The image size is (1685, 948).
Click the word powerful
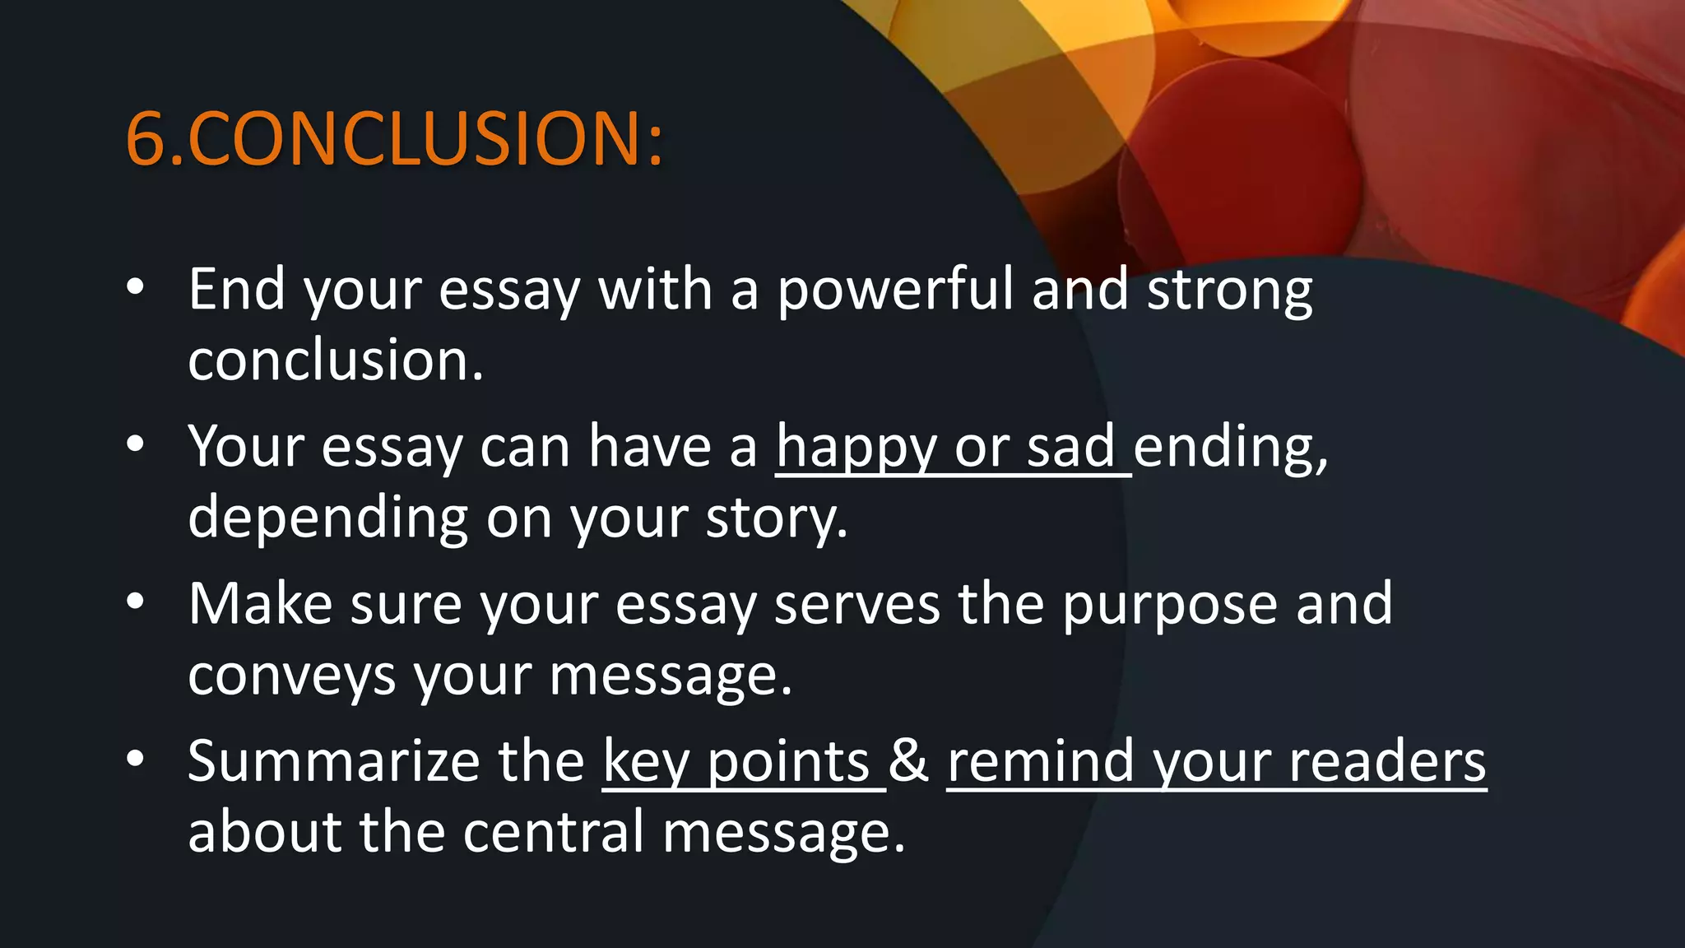895,290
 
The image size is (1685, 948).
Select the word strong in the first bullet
1230,290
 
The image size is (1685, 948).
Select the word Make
260,604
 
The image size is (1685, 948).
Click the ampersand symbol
909,761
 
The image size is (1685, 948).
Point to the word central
553,832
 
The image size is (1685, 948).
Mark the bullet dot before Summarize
136,759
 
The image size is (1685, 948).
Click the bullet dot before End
136,287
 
